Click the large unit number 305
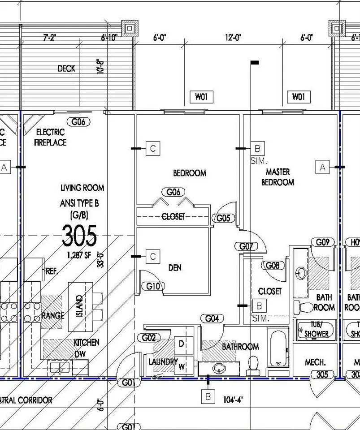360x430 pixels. [79, 236]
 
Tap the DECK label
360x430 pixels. [66, 69]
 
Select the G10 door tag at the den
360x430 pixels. [153, 286]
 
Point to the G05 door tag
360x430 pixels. [224, 218]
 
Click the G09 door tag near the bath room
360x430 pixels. [323, 242]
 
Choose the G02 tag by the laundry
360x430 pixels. [149, 338]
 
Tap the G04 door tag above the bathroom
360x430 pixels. [212, 318]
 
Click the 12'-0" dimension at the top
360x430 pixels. [233, 37]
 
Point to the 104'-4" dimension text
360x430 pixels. [233, 400]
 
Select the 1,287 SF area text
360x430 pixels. [79, 255]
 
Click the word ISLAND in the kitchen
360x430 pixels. [79, 306]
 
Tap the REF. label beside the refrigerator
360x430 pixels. [52, 271]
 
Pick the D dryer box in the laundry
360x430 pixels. [182, 344]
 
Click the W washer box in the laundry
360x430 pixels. [182, 366]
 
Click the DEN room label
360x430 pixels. [175, 268]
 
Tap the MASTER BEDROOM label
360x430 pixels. [278, 177]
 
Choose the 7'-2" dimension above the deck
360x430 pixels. [50, 37]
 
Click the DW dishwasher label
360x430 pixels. [80, 354]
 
